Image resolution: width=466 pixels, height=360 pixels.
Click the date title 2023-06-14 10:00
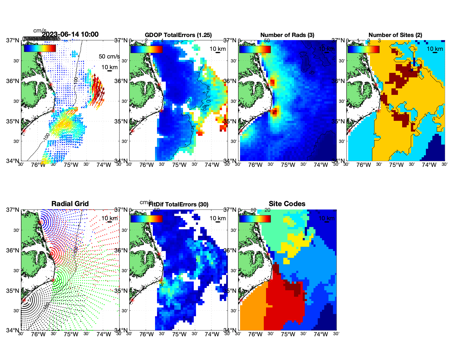(70, 34)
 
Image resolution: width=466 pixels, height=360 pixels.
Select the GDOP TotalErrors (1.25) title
(178, 35)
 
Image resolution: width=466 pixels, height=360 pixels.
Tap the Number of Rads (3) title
(287, 35)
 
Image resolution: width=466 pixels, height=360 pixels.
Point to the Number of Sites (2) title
(395, 35)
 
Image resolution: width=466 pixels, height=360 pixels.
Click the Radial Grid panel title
(70, 204)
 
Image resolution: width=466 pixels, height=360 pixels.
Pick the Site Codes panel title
(287, 204)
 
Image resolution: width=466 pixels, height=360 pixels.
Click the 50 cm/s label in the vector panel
(109, 56)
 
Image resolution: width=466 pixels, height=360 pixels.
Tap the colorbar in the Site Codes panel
(255, 219)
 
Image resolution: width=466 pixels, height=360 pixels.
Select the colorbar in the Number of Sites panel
(363, 49)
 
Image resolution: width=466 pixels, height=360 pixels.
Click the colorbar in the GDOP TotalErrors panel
(146, 49)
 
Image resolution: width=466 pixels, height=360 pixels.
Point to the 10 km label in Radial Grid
(109, 218)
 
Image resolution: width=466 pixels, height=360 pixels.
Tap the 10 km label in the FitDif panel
(217, 218)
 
